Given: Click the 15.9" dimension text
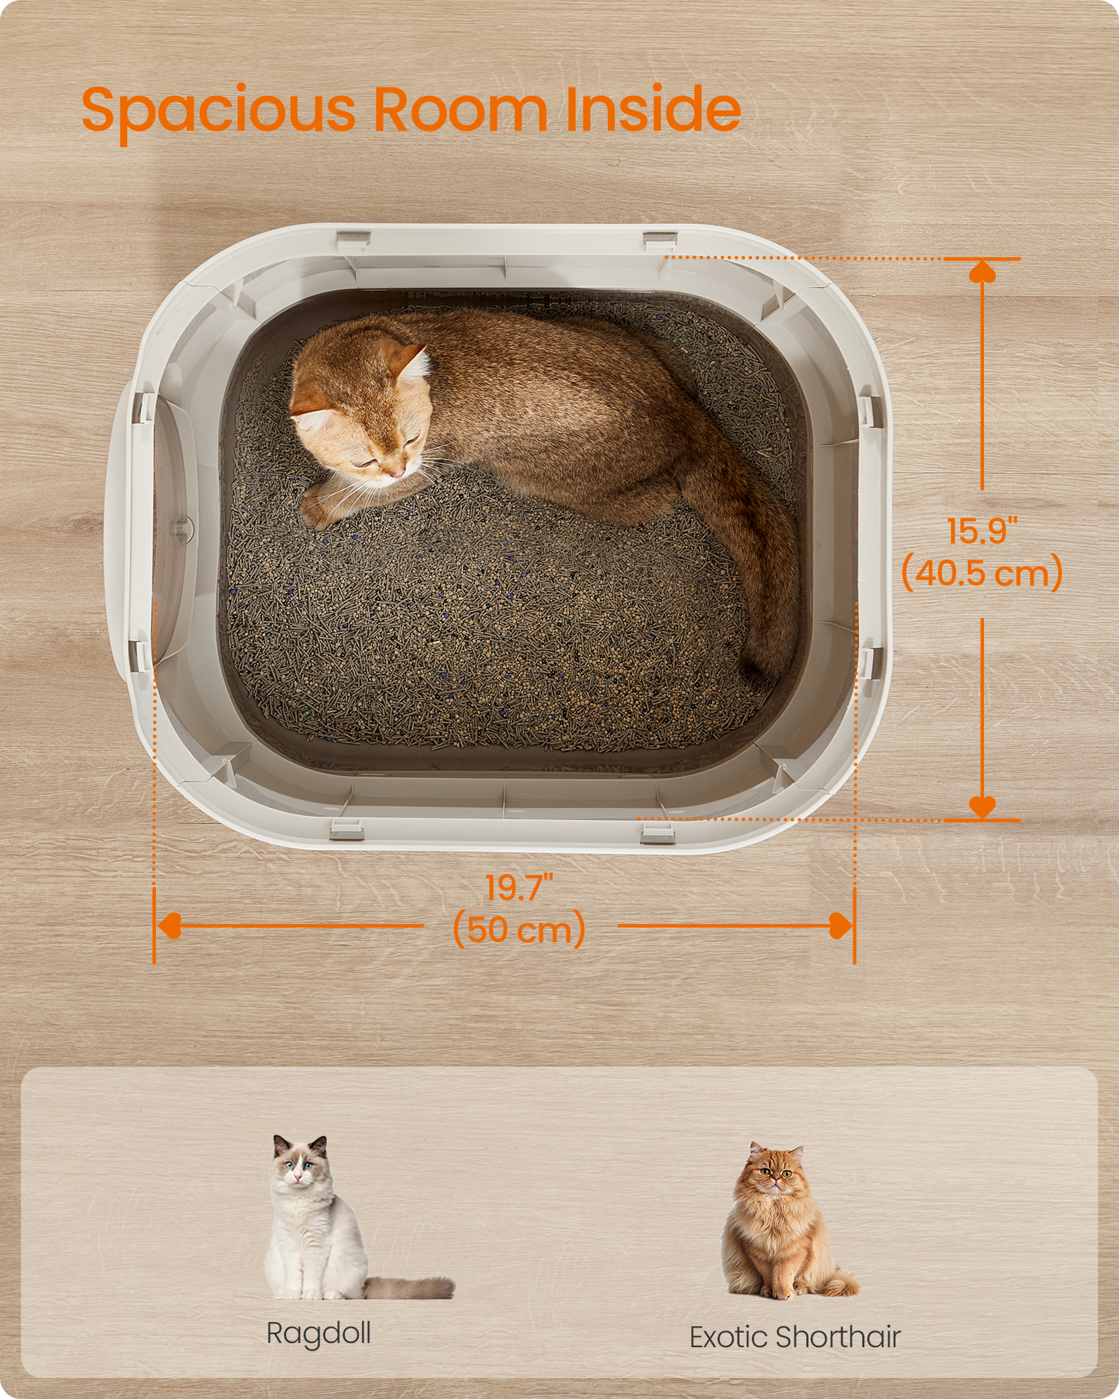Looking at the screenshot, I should (981, 532).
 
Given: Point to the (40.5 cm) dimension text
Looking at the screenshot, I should (982, 574).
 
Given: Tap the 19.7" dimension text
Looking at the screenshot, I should (519, 888).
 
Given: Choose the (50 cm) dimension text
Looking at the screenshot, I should (519, 930).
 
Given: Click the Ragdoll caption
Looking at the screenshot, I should (319, 1333).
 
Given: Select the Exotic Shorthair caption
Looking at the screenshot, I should (794, 1337).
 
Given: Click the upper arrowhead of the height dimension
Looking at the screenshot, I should (982, 271).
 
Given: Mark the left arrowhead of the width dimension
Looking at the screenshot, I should (169, 925).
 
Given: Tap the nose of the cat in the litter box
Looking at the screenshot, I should (397, 474).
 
